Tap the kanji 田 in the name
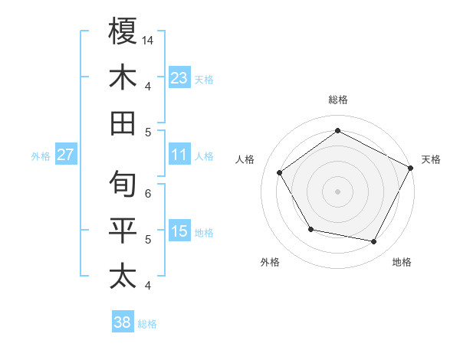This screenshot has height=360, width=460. click(x=123, y=123)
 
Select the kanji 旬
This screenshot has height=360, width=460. click(x=123, y=184)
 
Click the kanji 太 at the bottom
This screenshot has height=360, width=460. click(x=123, y=276)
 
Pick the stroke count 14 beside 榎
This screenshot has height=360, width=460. click(x=148, y=40)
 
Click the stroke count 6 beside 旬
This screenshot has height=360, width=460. click(x=148, y=193)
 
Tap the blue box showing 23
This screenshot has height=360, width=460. click(x=179, y=77)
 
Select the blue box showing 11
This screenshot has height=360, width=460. click(x=179, y=155)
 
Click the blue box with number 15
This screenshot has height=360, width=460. click(x=179, y=231)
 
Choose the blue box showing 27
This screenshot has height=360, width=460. click(x=66, y=155)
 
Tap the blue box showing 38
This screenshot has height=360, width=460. click(x=123, y=322)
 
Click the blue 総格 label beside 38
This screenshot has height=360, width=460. click(x=147, y=324)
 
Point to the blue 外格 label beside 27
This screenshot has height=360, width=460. click(x=41, y=156)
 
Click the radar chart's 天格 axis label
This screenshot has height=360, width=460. click(x=431, y=159)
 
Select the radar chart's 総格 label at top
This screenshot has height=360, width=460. click(x=337, y=100)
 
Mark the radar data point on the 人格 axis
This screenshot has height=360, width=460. click(x=280, y=172)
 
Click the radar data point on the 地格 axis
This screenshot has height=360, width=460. click(x=374, y=242)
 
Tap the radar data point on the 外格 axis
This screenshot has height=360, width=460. click(x=310, y=229)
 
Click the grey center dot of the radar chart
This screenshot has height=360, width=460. click(x=337, y=191)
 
